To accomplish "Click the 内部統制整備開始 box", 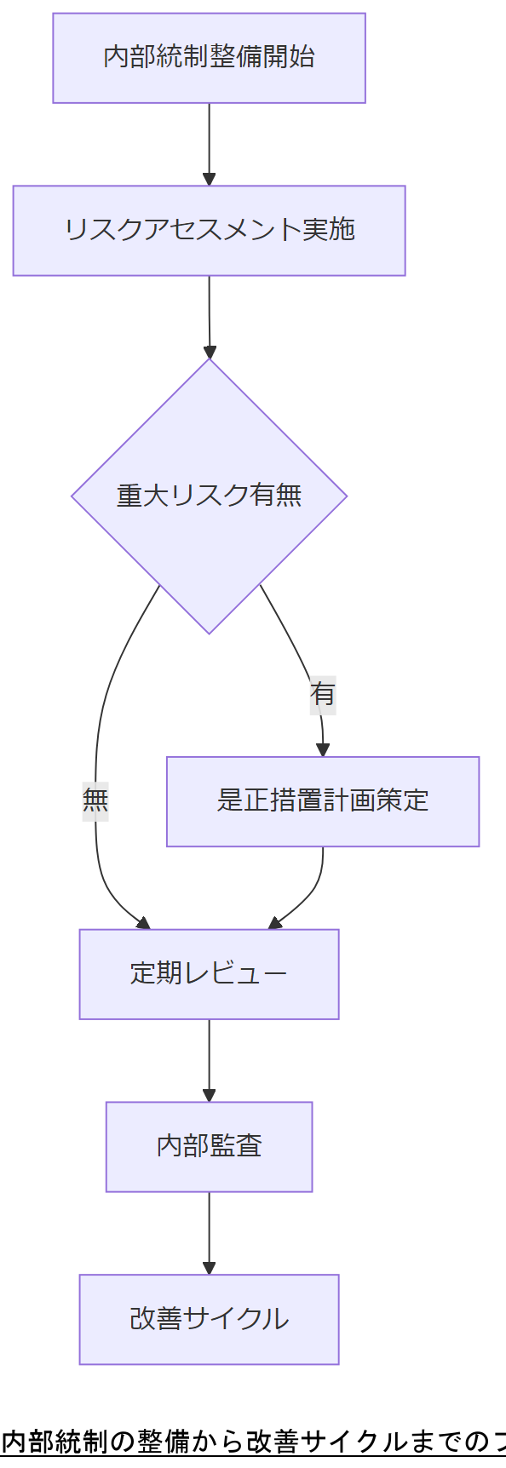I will point(209,58).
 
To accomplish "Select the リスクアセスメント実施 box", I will point(209,231).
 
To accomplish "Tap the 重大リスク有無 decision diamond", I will point(209,496).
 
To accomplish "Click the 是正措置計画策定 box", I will point(323,801).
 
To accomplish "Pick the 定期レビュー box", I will point(209,974).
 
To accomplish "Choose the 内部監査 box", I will point(209,1146).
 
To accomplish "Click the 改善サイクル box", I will point(209,1319).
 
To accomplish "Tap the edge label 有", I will point(323,694).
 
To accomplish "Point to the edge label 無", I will point(95,800).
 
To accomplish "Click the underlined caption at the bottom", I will point(253,1442).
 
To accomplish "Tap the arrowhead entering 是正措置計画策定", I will point(322,750).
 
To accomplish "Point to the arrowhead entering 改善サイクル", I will point(209,1268).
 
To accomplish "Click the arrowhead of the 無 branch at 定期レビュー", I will point(143,924).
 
